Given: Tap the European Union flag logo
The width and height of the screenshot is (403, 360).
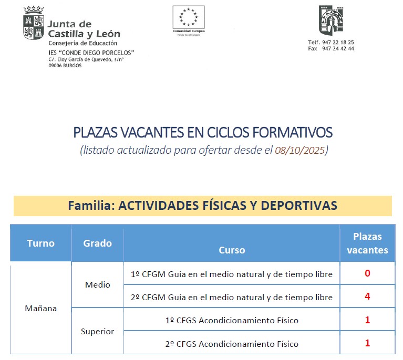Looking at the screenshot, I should pos(189,17).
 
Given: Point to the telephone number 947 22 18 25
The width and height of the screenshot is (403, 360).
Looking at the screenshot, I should pos(338,43).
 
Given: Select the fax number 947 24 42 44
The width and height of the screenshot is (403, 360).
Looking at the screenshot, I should pos(338,49).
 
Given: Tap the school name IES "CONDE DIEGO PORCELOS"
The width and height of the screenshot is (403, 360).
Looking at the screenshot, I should pos(91,53).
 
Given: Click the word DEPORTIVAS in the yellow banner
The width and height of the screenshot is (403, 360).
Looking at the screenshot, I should pos(298,205).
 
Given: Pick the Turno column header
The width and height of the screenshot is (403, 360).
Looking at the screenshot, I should pos(40,243).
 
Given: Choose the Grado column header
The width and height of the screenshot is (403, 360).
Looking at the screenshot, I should pos(97,243).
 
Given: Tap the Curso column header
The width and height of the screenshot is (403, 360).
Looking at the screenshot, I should pos(232,250).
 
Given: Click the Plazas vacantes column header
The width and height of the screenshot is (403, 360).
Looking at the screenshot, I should pos(367,243).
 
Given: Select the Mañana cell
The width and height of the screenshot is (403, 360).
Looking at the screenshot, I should pos(40,308).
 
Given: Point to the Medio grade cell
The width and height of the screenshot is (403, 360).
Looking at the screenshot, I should pos(97,284).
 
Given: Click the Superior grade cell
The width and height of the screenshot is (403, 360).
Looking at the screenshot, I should pos(97,332).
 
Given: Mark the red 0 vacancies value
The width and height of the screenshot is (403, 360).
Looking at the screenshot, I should pos(367,273).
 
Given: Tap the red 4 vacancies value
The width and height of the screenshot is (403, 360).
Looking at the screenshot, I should pos(367,297).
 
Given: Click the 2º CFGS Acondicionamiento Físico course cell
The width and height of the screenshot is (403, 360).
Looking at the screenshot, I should pos(232,344).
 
